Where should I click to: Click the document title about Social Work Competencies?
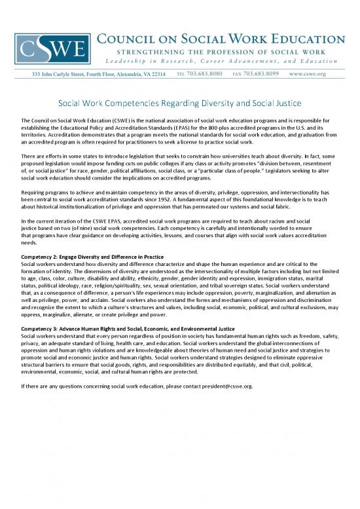[179, 104]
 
